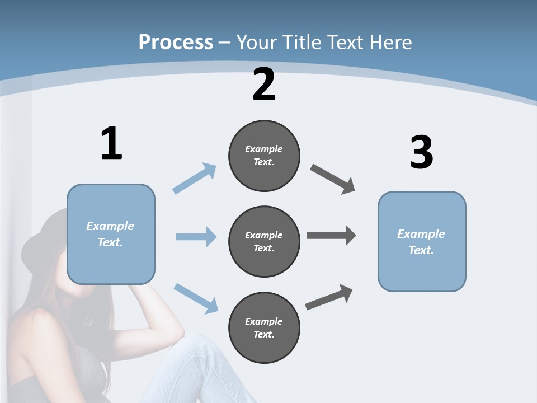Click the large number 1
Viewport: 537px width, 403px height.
coord(111,143)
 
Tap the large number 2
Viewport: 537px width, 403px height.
coord(264,85)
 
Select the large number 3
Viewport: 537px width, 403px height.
coord(421,152)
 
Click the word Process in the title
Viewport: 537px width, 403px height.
coord(176,42)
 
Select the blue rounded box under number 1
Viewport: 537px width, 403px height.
coord(111,234)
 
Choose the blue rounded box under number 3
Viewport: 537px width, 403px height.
coord(422,241)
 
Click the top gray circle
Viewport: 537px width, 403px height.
coord(264,156)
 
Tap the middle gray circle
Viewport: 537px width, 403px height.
coord(264,241)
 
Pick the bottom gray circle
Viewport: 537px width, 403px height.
coord(264,327)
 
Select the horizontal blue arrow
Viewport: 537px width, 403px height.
coord(196,237)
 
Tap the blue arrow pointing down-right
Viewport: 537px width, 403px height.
coord(196,298)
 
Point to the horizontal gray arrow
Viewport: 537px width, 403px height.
coord(331,236)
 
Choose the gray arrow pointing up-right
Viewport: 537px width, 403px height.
coord(329,297)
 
